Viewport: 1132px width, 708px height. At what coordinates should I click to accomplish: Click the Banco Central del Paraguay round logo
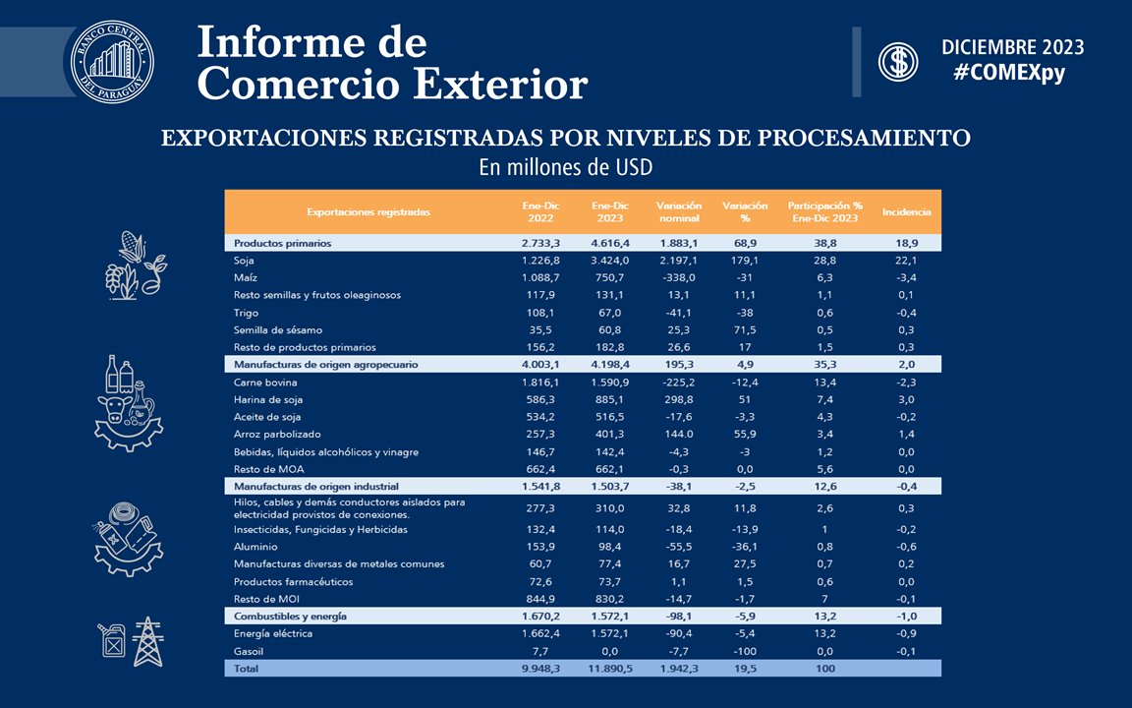tap(112, 61)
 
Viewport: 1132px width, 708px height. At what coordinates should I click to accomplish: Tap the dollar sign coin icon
tap(898, 61)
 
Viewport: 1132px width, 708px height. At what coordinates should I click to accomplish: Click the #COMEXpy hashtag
tap(1009, 73)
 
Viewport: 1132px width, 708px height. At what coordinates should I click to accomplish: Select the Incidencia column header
tap(906, 211)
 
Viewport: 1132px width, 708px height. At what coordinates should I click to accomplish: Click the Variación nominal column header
tap(679, 211)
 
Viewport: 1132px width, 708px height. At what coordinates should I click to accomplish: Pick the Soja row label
tap(244, 260)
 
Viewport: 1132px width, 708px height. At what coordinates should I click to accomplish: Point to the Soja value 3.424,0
tap(610, 260)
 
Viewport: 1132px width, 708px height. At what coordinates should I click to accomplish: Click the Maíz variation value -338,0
tap(679, 277)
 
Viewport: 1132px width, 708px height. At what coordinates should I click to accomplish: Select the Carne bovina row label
tap(265, 383)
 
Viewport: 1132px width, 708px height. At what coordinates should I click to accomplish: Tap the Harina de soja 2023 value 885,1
tap(610, 399)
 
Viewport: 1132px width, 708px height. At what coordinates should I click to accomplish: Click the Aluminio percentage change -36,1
tap(744, 547)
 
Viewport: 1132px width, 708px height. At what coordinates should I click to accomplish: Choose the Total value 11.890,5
tap(610, 669)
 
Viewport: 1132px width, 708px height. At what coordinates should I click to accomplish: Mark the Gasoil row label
tap(249, 651)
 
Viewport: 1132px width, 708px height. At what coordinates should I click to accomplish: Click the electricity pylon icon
tap(148, 641)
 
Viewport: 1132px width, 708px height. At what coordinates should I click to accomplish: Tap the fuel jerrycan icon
tap(113, 640)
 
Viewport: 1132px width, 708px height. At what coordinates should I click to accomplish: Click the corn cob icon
tap(132, 247)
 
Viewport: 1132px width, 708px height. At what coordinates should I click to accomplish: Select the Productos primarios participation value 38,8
tap(824, 243)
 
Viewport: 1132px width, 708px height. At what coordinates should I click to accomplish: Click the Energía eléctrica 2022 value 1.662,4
tap(540, 633)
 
